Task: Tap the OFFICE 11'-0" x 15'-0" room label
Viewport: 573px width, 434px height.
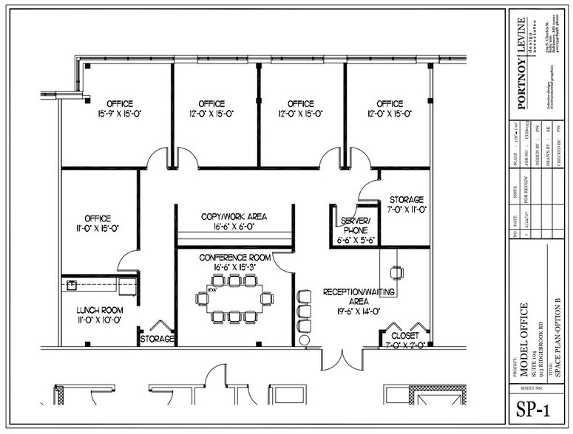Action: tap(98, 223)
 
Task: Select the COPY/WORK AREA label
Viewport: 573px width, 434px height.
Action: tap(234, 221)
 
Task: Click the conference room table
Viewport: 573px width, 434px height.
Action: tap(234, 298)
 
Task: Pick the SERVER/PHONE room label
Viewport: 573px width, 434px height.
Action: tap(355, 230)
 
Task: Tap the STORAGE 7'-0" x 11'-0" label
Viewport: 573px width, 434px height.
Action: tap(406, 204)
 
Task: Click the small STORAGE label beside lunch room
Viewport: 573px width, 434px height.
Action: tap(157, 339)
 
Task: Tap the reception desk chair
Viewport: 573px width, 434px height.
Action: tap(398, 272)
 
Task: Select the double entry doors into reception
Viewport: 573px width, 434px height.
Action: tap(341, 359)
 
